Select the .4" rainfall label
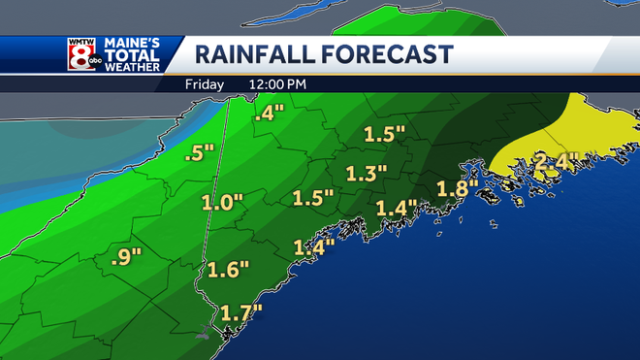267,115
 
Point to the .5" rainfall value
200,153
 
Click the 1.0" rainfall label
222,204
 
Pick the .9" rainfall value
126,257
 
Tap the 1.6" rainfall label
229,269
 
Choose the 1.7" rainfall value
241,313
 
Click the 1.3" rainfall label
367,174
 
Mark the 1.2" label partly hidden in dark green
396,208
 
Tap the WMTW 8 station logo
81,55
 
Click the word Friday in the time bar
205,84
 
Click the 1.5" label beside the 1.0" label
312,199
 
